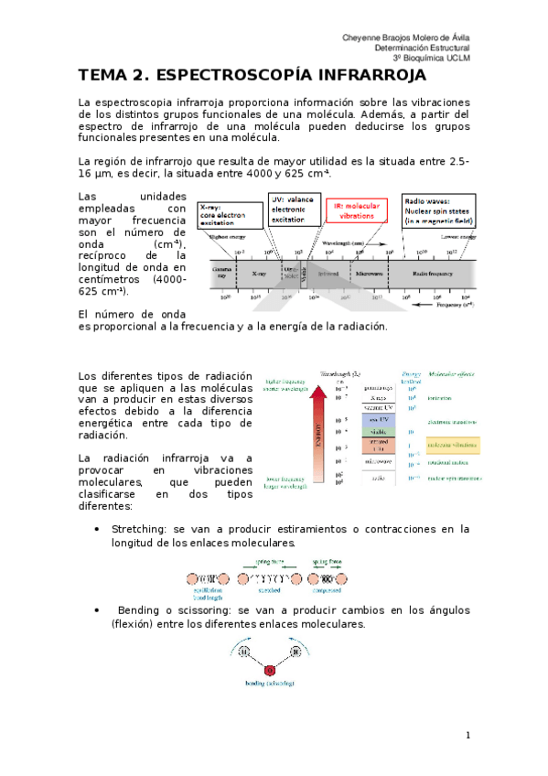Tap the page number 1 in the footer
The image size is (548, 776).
pyautogui.click(x=467, y=735)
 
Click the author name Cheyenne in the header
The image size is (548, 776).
pyautogui.click(x=362, y=36)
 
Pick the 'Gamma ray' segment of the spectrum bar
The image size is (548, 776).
pyautogui.click(x=222, y=273)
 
